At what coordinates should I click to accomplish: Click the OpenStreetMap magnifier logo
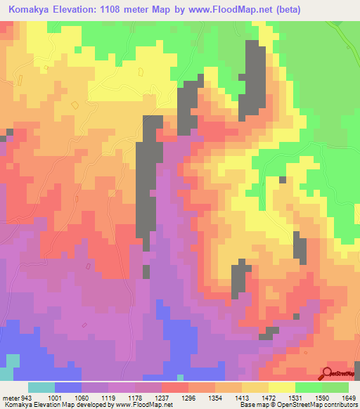click(327, 373)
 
